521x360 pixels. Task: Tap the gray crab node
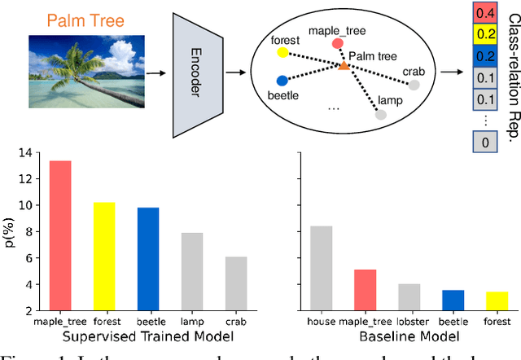tap(414, 85)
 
